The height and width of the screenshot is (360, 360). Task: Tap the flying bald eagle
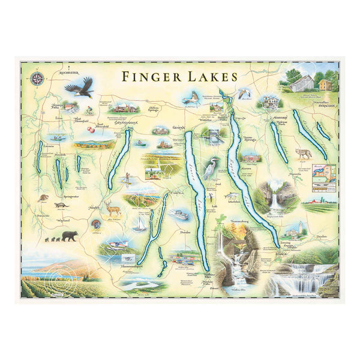79,88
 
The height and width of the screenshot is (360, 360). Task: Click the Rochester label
68,72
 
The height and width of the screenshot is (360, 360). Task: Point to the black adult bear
69,236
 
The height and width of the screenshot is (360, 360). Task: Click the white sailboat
140,224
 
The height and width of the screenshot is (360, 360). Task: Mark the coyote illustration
303,154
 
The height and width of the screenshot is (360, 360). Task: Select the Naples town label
94,208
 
